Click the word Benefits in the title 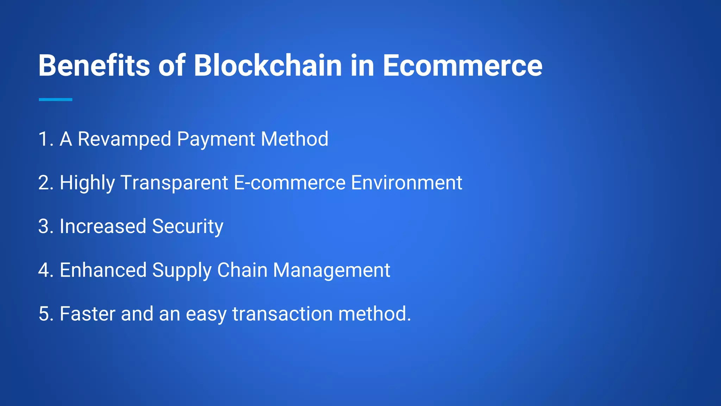click(x=94, y=66)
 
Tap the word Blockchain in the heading click(x=268, y=66)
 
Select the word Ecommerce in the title click(x=462, y=66)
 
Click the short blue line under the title click(x=56, y=100)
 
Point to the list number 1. click(x=45, y=139)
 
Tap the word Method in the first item click(x=295, y=139)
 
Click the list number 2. click(x=45, y=183)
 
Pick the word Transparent click(x=174, y=183)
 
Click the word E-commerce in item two click(x=290, y=183)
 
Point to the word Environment click(x=407, y=183)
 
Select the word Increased click(x=103, y=226)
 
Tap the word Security click(x=188, y=227)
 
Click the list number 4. click(x=45, y=270)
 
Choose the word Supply click(x=182, y=271)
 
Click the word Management click(x=332, y=271)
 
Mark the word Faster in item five click(x=87, y=314)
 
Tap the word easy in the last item click(x=206, y=314)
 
